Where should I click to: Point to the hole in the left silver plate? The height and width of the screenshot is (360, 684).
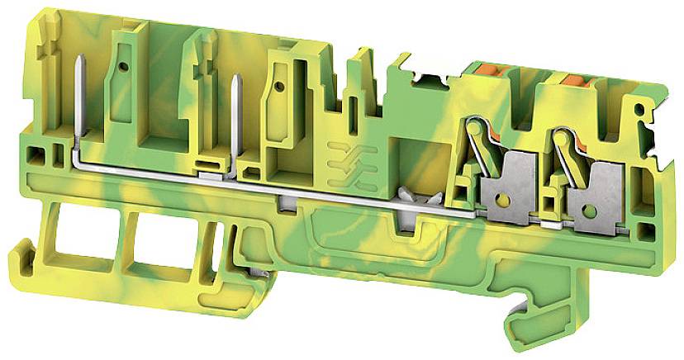[x=499, y=198]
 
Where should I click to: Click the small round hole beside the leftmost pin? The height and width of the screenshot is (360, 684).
[x=122, y=65]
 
